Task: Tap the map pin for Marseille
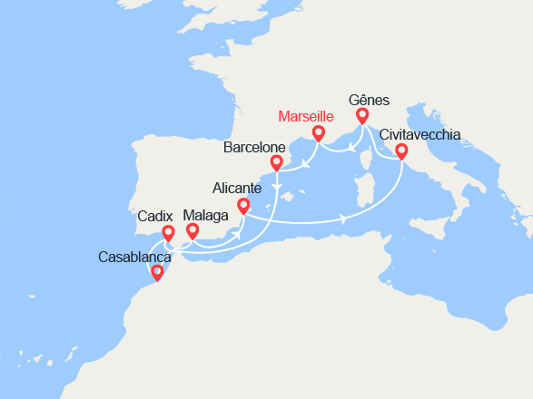point(319,134)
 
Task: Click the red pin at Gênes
point(362,116)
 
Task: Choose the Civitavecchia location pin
point(401,151)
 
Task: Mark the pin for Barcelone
point(274,164)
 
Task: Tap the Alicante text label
point(237,189)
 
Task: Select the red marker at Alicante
point(243,208)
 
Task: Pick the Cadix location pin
point(168,234)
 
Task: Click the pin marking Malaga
point(192,232)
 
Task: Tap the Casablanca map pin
point(158,271)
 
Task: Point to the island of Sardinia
point(367,195)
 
